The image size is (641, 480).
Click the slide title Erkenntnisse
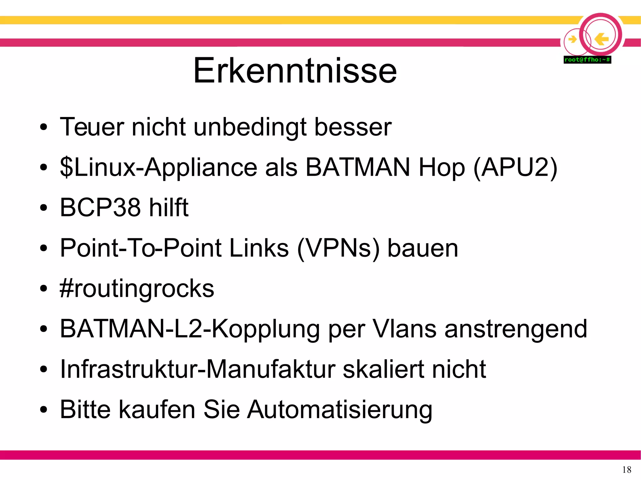coord(295,71)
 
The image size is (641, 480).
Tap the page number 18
coord(627,470)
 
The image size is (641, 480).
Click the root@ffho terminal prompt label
coord(587,59)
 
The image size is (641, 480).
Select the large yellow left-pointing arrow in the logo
coord(601,39)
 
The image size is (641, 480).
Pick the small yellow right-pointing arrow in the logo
coord(572,39)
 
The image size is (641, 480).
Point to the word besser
coord(353,127)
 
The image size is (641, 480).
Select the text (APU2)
coord(515,168)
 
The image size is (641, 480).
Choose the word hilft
coord(169,207)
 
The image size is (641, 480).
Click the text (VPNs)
coord(338,248)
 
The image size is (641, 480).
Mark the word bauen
coord(423,248)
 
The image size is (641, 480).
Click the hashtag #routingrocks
coord(137,289)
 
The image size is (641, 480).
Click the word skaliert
coord(383,369)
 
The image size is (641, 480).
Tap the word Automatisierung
coord(340,410)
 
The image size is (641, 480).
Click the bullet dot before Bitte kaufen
coord(44,410)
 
